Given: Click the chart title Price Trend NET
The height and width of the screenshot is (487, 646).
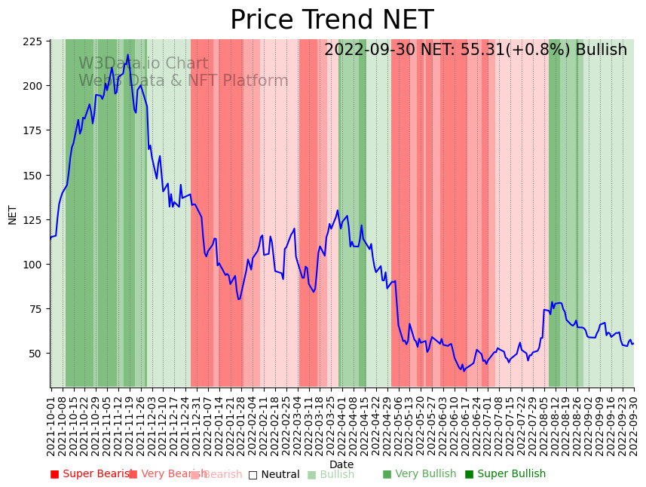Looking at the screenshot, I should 332,20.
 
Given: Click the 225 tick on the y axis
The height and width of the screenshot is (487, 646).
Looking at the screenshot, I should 32,42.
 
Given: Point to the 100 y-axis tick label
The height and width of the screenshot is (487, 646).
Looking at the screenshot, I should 32,265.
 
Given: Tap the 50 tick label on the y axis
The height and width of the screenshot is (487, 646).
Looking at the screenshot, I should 35,354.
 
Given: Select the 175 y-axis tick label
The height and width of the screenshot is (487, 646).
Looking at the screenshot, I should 32,131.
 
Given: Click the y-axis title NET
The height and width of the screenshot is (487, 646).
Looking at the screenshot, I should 13,214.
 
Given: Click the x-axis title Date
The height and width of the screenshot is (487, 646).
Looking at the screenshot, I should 341,464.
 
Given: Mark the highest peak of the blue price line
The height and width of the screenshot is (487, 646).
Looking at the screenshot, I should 128,55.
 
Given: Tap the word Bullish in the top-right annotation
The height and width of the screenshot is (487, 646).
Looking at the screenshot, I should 601,51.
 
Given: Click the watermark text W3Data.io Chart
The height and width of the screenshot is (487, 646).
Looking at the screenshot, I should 143,64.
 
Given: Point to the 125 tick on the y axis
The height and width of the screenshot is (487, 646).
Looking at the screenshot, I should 32,220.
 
